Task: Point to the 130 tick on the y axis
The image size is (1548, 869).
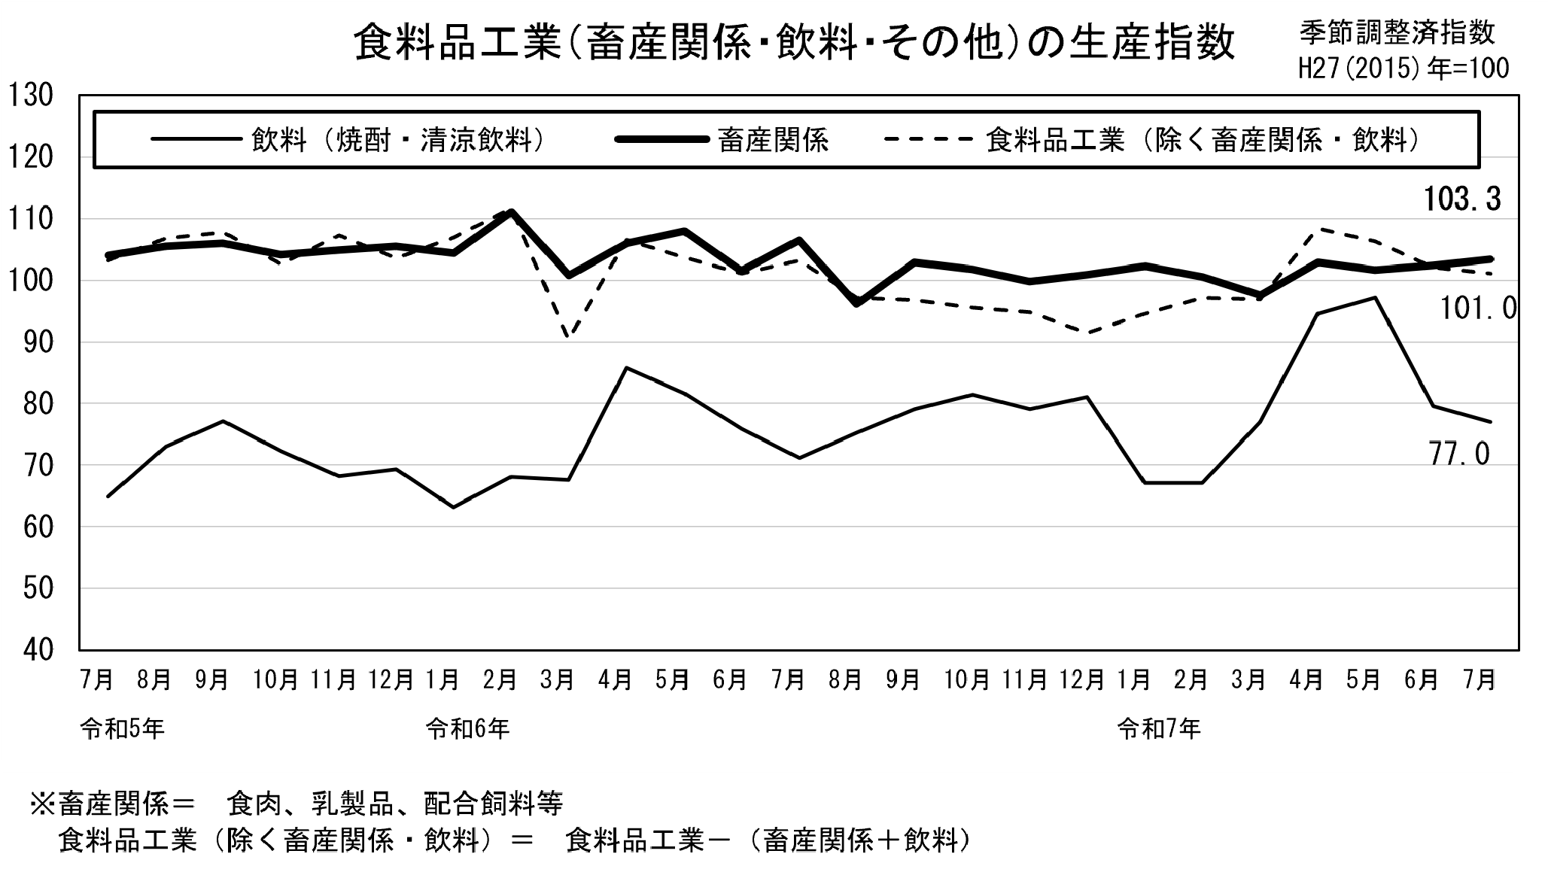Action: pyautogui.click(x=30, y=96)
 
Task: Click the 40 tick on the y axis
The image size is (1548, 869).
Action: pyautogui.click(x=30, y=650)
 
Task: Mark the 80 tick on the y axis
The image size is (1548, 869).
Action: pyautogui.click(x=30, y=404)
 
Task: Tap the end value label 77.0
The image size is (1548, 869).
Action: pyautogui.click(x=1459, y=454)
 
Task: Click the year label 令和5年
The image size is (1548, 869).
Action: pyautogui.click(x=122, y=729)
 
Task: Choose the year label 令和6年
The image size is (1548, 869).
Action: pyautogui.click(x=467, y=729)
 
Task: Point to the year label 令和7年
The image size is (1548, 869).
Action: pyautogui.click(x=1159, y=729)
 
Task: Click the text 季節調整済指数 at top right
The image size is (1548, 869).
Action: pyautogui.click(x=1397, y=32)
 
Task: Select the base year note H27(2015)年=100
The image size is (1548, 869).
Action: pyautogui.click(x=1404, y=68)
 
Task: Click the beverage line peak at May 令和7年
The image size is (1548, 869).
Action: pyautogui.click(x=1375, y=297)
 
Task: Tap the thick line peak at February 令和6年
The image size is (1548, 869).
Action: pyautogui.click(x=511, y=212)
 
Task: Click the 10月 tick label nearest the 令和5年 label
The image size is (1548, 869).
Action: pyautogui.click(x=276, y=680)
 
